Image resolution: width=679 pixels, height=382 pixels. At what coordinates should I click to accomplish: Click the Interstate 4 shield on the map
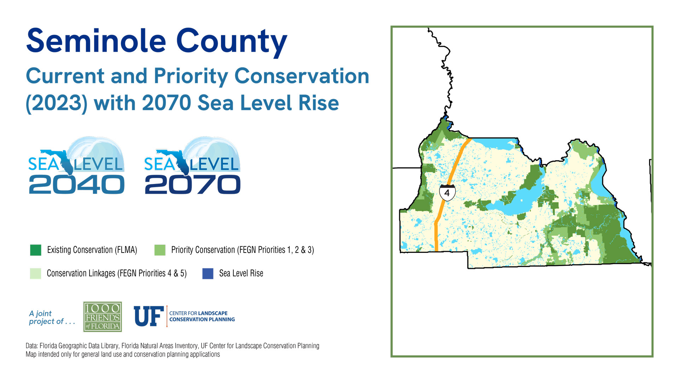click(x=447, y=192)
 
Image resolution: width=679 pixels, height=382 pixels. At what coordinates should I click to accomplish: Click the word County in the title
click(x=232, y=42)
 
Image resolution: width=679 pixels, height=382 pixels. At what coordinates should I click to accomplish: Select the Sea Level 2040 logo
click(x=76, y=166)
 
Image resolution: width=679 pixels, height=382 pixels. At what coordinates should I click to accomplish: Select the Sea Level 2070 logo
click(x=192, y=166)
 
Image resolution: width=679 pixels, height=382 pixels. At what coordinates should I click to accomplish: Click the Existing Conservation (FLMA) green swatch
click(x=36, y=250)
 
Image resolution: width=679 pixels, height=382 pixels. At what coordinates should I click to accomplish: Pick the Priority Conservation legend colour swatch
click(x=160, y=250)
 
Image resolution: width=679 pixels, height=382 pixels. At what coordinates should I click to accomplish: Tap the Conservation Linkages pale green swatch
click(x=36, y=273)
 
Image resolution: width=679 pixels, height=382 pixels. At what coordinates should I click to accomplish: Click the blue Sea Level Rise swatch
click(x=208, y=273)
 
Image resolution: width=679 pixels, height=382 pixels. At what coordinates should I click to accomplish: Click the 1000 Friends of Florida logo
click(x=103, y=317)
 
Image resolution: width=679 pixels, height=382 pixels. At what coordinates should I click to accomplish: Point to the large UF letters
click(x=149, y=316)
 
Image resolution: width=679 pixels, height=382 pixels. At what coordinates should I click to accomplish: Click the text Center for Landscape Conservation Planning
click(x=202, y=316)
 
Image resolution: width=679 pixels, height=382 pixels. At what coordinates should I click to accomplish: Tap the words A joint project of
click(x=52, y=317)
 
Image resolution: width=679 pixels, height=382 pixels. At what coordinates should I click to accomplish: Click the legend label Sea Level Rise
click(x=241, y=273)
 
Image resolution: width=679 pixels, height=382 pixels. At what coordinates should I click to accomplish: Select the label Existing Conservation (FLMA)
click(x=92, y=250)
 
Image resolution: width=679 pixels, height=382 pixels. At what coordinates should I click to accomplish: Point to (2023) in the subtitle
click(x=57, y=103)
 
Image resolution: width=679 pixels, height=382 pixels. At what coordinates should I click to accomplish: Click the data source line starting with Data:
click(x=173, y=346)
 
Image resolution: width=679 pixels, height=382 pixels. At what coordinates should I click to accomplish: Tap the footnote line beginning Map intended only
click(x=123, y=354)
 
